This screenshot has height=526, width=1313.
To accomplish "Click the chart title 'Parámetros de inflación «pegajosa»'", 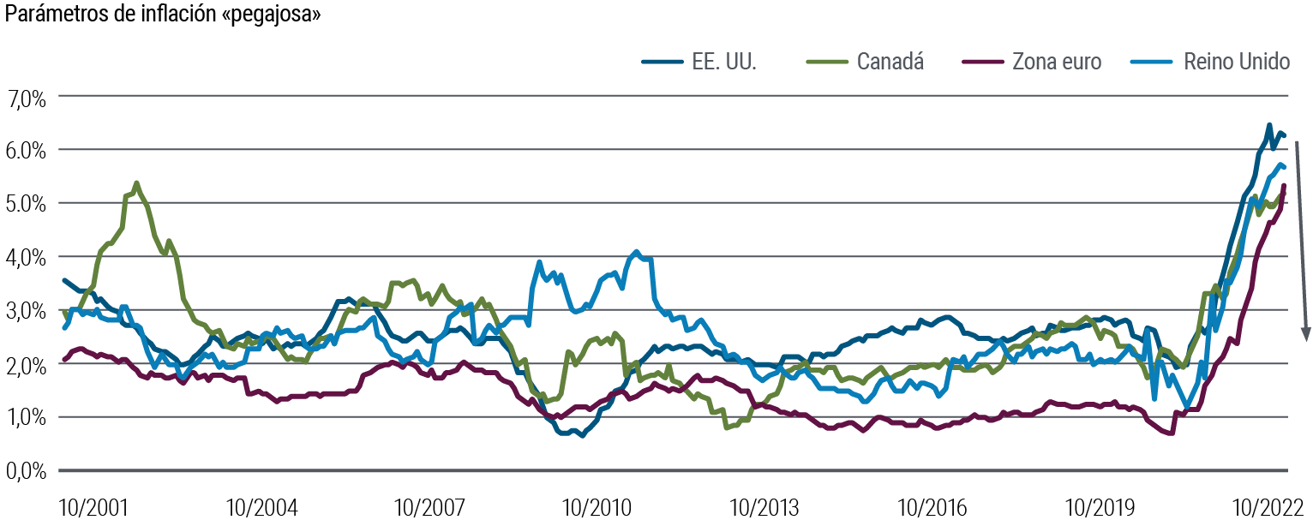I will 162,15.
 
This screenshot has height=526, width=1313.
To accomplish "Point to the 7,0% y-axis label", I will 28,97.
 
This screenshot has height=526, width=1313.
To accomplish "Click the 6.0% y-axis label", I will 28,150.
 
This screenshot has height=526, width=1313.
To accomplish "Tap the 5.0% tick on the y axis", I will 28,203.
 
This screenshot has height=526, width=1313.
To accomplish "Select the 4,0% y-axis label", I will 28,257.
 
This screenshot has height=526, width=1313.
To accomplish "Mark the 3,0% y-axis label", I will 28,310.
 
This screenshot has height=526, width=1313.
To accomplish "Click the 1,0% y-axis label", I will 28,417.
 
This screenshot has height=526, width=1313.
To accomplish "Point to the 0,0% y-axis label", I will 28,470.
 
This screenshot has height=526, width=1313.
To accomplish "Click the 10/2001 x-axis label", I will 93,507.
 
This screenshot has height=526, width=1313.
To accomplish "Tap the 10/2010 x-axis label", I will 597,507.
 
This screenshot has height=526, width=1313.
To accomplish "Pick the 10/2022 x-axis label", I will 1267,507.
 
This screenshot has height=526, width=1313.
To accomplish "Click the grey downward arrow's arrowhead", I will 1306,334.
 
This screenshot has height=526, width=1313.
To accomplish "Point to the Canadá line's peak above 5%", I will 137,182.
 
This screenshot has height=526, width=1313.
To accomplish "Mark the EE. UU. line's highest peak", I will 1269,125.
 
